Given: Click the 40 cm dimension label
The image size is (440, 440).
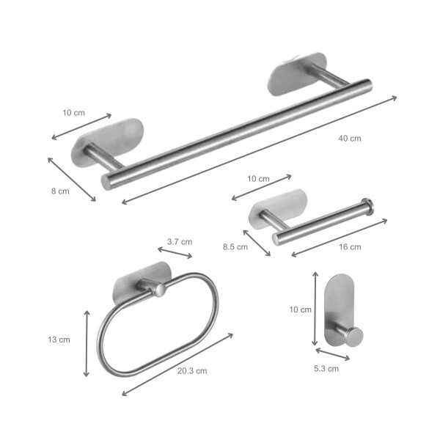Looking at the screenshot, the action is pyautogui.click(x=350, y=139).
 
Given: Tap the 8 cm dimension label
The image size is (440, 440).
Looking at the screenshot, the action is pyautogui.click(x=60, y=191).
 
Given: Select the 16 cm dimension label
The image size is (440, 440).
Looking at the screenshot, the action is pyautogui.click(x=350, y=247).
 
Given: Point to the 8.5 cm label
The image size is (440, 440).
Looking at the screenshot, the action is pyautogui.click(x=235, y=247).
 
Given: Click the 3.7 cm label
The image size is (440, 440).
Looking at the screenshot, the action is pyautogui.click(x=180, y=241).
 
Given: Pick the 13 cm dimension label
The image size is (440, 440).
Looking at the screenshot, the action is pyautogui.click(x=59, y=340).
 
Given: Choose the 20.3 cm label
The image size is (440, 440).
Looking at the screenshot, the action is pyautogui.click(x=192, y=370).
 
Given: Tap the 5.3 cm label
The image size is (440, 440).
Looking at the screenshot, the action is pyautogui.click(x=326, y=368).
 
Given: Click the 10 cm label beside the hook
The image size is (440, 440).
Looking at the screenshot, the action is pyautogui.click(x=300, y=309).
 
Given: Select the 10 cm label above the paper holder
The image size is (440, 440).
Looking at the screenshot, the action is pyautogui.click(x=258, y=179).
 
